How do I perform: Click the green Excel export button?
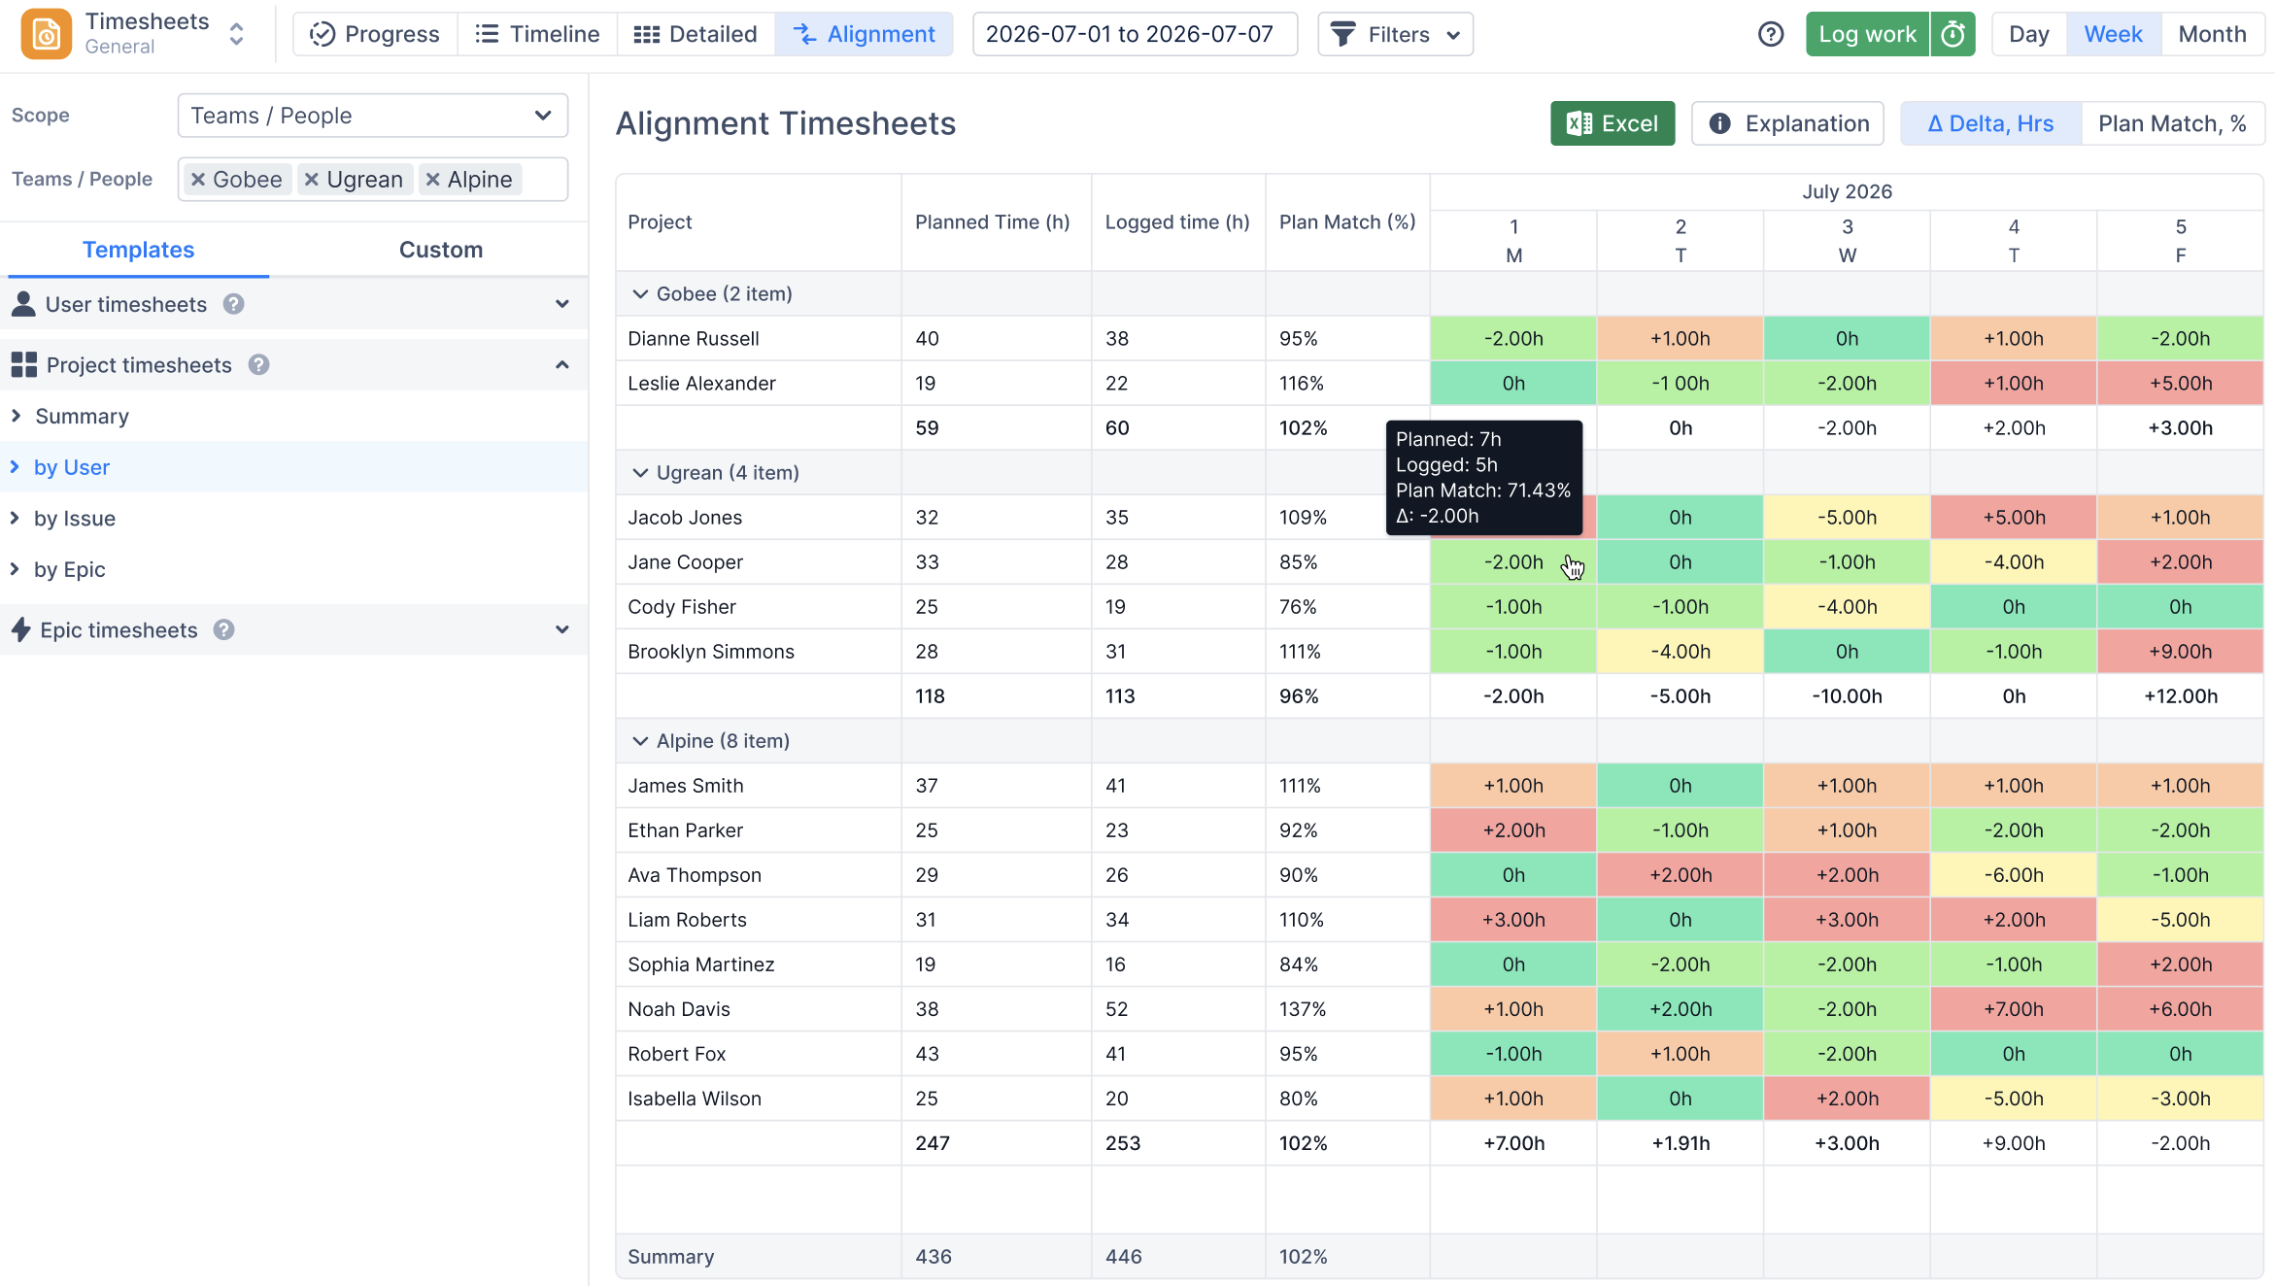click(1613, 123)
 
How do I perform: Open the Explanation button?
click(1787, 123)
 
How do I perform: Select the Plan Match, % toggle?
click(2172, 123)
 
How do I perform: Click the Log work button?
click(1867, 34)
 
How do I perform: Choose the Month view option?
click(2212, 34)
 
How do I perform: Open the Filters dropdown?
click(1395, 34)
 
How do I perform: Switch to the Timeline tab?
click(537, 34)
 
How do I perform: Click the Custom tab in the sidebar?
click(441, 250)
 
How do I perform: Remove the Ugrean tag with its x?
click(312, 180)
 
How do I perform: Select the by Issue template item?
click(75, 519)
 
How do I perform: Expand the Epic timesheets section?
click(561, 629)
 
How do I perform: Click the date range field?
click(1135, 34)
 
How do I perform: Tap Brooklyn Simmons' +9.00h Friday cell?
click(2180, 652)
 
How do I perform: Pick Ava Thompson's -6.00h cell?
click(2014, 875)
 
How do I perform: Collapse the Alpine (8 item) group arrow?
click(640, 741)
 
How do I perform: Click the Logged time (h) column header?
click(1177, 222)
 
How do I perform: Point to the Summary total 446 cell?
click(1123, 1257)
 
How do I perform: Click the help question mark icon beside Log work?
click(1771, 34)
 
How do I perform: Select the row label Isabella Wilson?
click(695, 1099)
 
